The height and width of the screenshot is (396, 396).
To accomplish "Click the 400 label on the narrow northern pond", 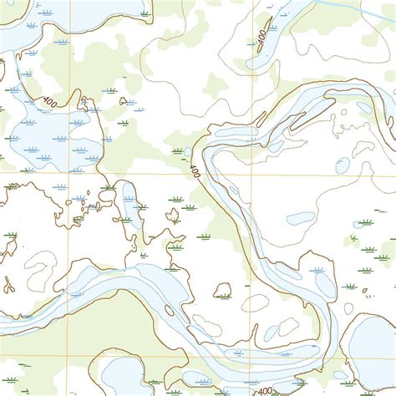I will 263,39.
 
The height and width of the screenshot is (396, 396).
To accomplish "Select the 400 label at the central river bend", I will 195,171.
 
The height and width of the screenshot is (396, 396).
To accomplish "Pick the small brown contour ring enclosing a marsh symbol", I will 222,290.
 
